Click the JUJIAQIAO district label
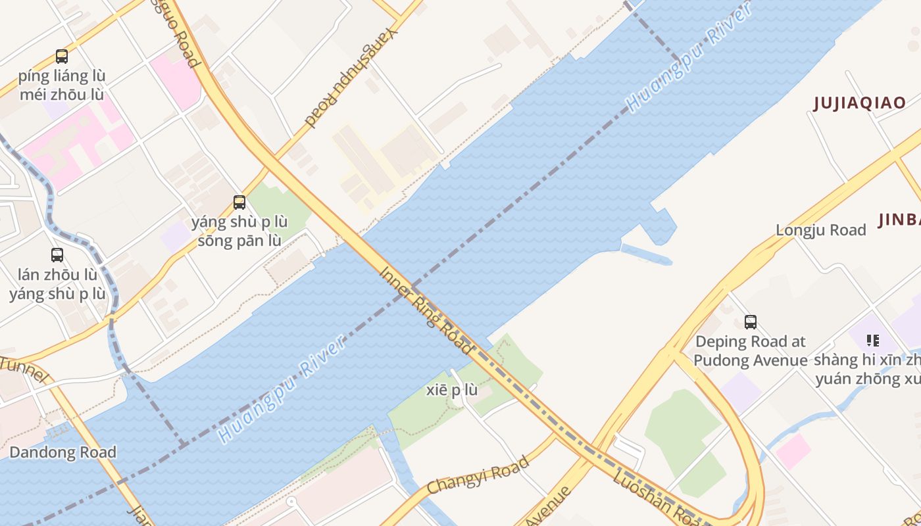coord(859,103)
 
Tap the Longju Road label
coord(820,230)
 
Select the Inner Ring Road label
coord(426,310)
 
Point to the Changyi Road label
coord(478,475)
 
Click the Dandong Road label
coord(62,452)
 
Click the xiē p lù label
coord(452,390)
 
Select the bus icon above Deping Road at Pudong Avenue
coord(750,322)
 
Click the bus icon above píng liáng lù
coord(62,57)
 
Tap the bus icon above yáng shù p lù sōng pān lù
coord(239,203)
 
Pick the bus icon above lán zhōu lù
coord(57,255)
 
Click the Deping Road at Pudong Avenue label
coord(750,351)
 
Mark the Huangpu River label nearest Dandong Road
coord(283,389)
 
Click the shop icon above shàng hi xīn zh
coord(873,341)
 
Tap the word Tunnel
coord(25,370)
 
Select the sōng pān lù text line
coord(239,241)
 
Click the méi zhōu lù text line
coord(62,95)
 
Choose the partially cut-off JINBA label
coord(899,220)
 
